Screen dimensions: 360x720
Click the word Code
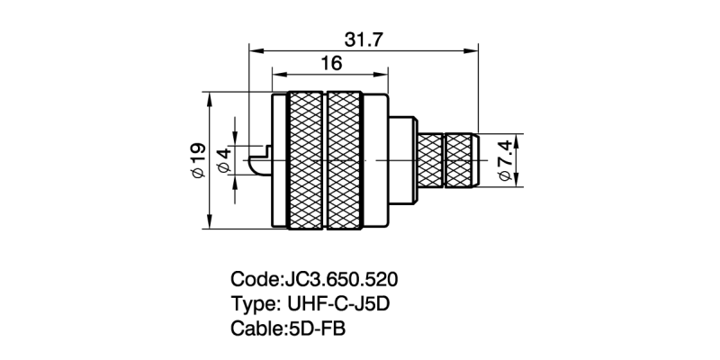pos(255,278)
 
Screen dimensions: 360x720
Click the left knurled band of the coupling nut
pos(306,160)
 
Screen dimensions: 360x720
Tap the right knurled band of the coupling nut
pos(346,160)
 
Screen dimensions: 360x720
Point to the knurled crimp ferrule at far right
pos(463,160)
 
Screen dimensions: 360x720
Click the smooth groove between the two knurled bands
pos(326,160)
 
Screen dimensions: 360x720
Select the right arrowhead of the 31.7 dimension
pos(473,50)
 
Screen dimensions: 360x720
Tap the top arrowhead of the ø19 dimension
pos(209,96)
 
